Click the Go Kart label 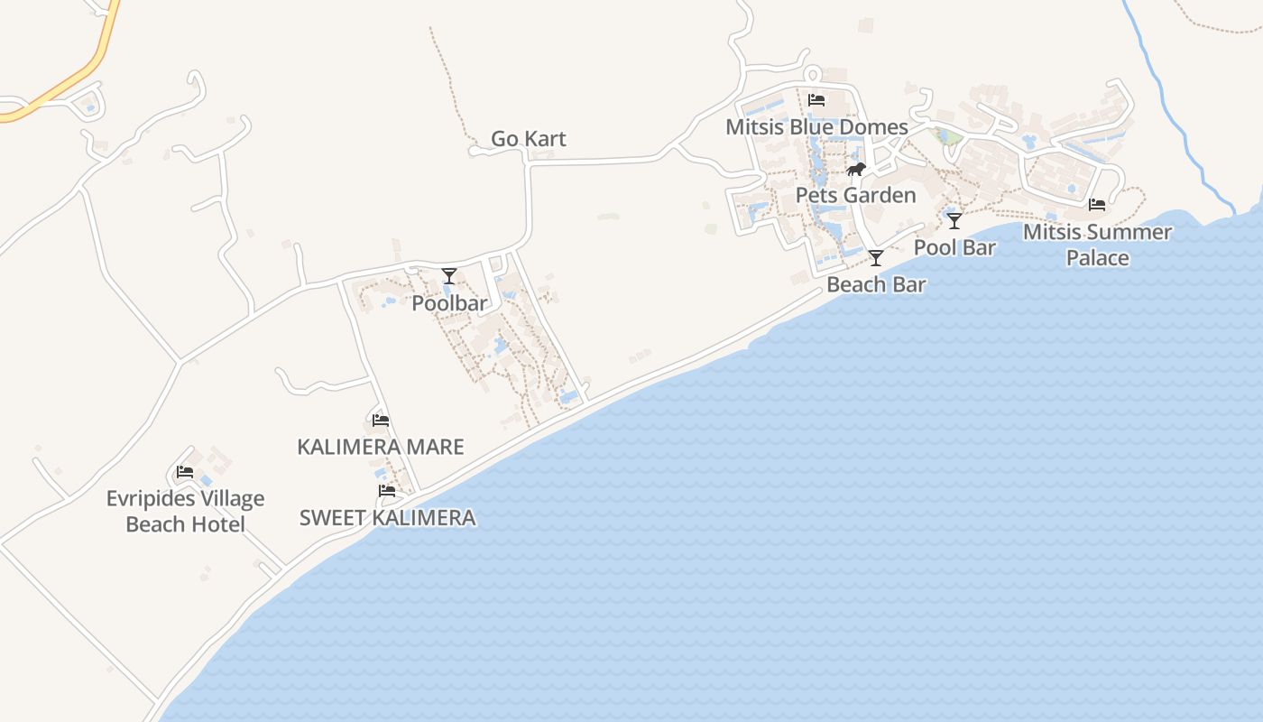529,139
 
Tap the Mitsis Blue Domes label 816,127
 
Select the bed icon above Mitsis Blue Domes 816,100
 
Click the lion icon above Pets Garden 855,170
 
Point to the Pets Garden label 855,196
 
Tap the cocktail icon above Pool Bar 954,221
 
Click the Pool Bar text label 954,247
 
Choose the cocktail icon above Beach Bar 876,259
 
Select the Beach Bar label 876,285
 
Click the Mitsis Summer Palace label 1097,245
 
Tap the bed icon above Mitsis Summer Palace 1097,205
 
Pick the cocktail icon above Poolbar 449,276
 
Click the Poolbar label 449,304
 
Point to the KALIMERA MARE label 381,447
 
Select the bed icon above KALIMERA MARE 381,420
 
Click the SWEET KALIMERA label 387,518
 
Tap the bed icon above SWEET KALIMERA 387,491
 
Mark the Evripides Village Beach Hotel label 185,512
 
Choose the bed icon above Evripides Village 185,472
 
